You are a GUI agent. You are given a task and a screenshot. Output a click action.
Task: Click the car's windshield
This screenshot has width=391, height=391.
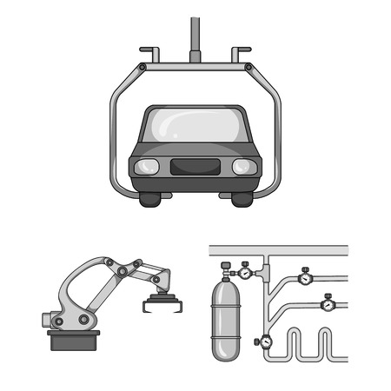tap(195, 127)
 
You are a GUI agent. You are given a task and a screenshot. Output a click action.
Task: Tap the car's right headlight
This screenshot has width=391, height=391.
tap(242, 166)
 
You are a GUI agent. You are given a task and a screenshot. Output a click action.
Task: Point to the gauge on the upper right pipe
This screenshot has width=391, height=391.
tap(306, 279)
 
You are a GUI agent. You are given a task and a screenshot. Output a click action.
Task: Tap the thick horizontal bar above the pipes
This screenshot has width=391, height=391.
tap(278, 250)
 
